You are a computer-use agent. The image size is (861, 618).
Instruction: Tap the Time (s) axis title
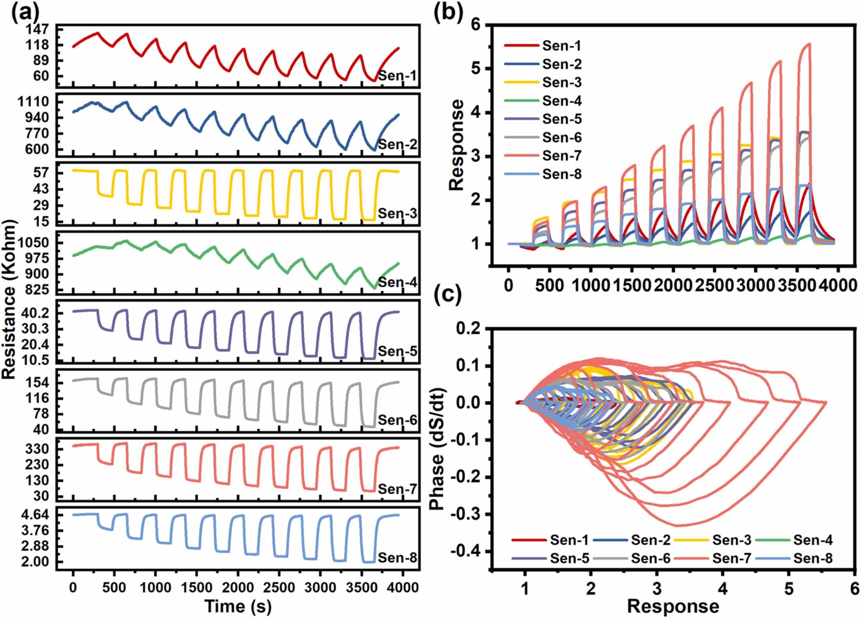[238, 607]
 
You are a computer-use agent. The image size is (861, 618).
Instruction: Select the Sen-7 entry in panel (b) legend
[561, 156]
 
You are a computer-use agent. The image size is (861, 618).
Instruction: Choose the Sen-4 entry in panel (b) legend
[561, 101]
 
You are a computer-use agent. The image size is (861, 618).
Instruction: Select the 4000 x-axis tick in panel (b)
[837, 286]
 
